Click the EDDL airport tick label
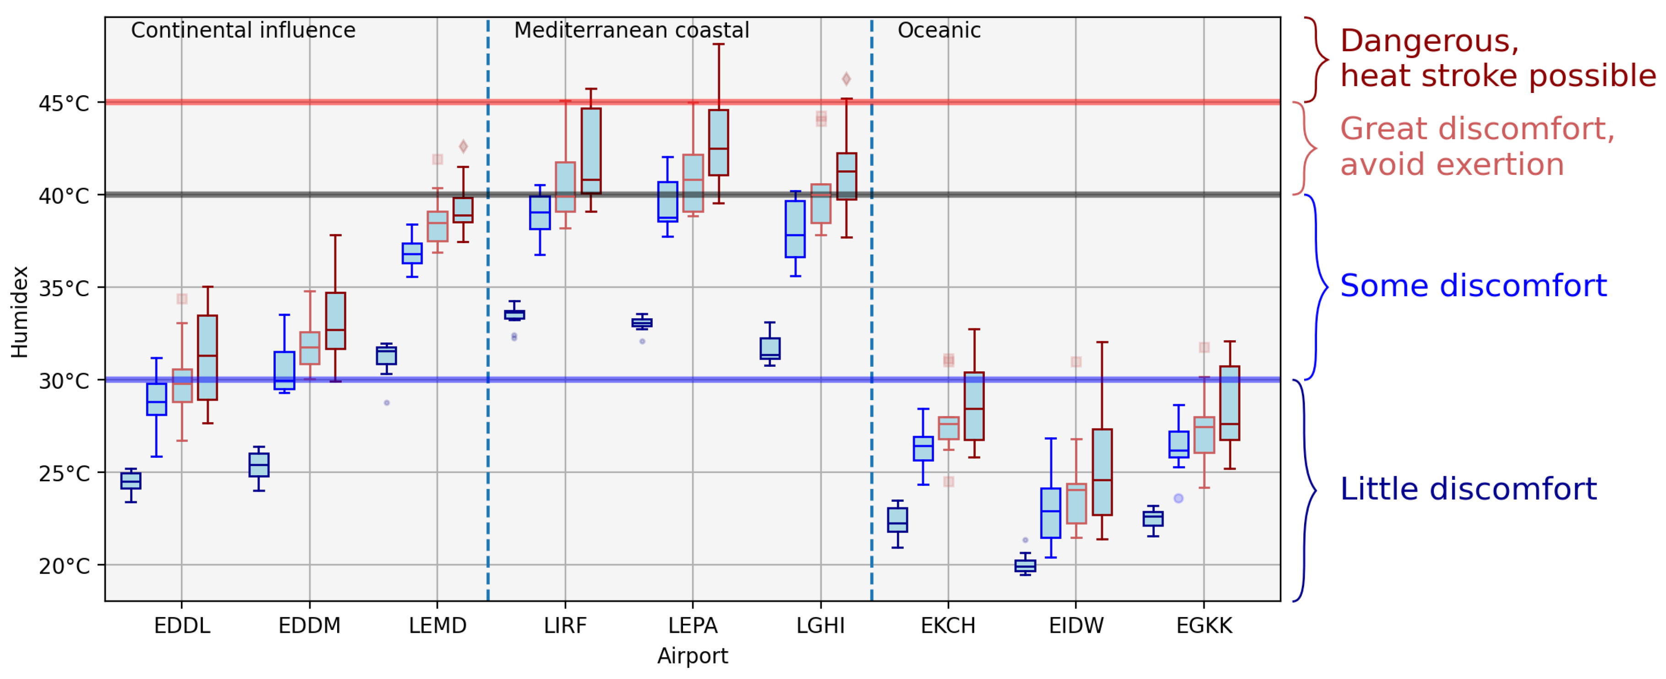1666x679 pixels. pyautogui.click(x=182, y=625)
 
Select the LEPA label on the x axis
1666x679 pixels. pyautogui.click(x=693, y=625)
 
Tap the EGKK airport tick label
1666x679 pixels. pyautogui.click(x=1204, y=625)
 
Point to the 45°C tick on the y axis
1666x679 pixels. pyautogui.click(x=63, y=103)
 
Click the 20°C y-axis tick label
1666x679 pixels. pyautogui.click(x=63, y=566)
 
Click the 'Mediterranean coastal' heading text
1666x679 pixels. pyautogui.click(x=631, y=30)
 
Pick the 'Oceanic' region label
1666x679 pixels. pyautogui.click(x=939, y=30)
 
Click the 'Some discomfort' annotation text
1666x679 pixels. pyautogui.click(x=1473, y=285)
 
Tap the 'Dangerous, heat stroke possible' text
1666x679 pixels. pyautogui.click(x=1497, y=58)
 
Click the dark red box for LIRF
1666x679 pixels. pyautogui.click(x=591, y=150)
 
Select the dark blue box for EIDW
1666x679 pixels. pyautogui.click(x=1025, y=566)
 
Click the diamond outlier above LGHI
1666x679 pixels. pyautogui.click(x=846, y=79)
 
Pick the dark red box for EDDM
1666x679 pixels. pyautogui.click(x=335, y=321)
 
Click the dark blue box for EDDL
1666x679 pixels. pyautogui.click(x=131, y=480)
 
